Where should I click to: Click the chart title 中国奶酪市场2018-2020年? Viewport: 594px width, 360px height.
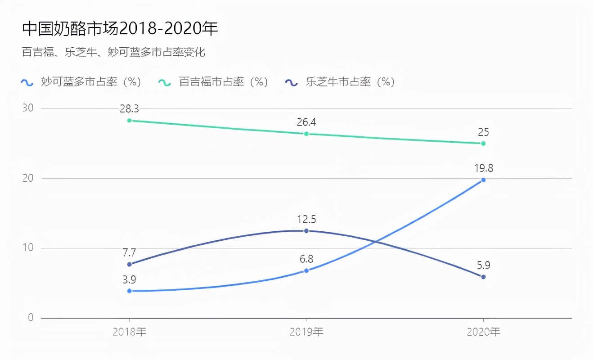coord(120,29)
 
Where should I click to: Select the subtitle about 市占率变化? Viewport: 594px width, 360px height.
coord(113,52)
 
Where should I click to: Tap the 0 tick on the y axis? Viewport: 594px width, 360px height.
coord(31,318)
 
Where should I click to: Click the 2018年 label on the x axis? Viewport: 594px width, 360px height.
coord(130,332)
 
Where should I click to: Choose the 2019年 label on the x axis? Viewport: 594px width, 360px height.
coord(306,332)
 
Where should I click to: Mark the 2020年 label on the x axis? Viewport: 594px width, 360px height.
coord(483,332)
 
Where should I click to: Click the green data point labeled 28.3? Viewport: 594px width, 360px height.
coord(130,121)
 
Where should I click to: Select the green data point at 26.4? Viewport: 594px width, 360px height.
coord(306,134)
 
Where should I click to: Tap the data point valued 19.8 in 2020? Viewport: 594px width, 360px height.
coord(483,180)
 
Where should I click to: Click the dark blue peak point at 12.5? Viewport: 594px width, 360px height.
coord(306,231)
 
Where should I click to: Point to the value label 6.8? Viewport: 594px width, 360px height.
coord(306,259)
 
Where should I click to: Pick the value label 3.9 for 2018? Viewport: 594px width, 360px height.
coord(130,279)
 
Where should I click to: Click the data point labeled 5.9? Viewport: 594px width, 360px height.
coord(483,277)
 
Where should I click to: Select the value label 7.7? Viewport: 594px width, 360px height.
coord(130,252)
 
